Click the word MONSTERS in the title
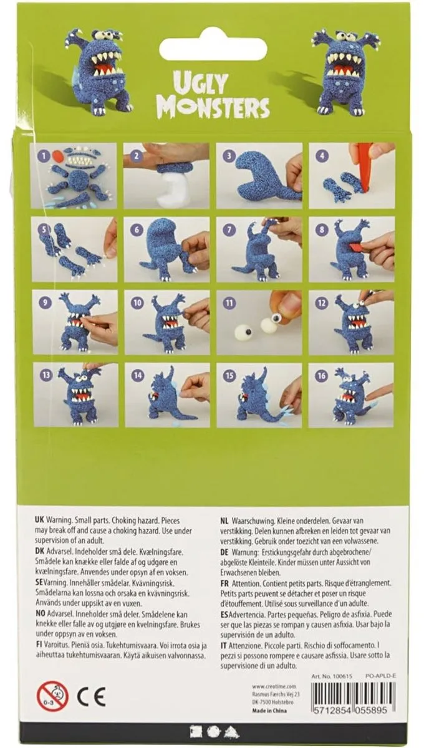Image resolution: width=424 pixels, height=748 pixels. click(x=213, y=107)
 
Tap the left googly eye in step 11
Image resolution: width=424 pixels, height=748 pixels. click(x=240, y=330)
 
